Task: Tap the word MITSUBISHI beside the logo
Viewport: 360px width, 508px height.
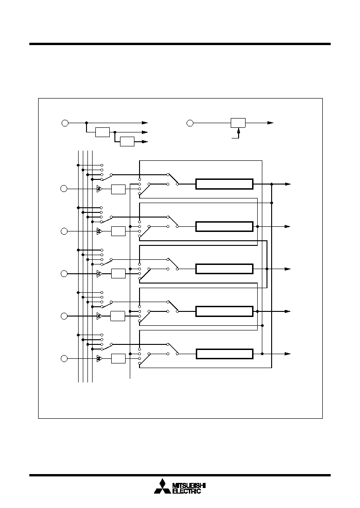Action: coord(189,486)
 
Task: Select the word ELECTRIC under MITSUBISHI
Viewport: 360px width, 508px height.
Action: coord(186,491)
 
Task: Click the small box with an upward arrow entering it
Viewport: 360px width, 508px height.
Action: coord(238,123)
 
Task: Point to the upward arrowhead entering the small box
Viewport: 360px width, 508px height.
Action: coord(239,130)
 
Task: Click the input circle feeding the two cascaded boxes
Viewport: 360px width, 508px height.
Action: coord(65,123)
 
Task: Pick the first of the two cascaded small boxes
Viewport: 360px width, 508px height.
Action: coord(102,132)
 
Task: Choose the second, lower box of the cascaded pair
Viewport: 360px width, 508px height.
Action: coord(127,142)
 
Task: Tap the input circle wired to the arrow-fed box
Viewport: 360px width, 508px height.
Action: coord(190,123)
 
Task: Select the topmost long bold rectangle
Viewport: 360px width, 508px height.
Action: coord(224,184)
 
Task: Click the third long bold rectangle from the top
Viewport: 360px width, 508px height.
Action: coord(224,269)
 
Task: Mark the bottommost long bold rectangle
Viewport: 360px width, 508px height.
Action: coord(224,354)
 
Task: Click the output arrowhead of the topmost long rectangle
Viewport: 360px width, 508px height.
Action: coord(288,184)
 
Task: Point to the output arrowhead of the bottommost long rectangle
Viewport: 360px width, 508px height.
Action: coord(288,354)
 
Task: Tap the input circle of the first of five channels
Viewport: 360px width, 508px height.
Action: coord(64,189)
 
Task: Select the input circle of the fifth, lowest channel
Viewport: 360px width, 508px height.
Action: coord(64,359)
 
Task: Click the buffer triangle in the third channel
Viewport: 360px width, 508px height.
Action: coord(99,274)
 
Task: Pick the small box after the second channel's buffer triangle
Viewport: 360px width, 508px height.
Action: coord(119,231)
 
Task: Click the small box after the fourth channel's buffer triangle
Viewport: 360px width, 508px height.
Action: coord(117,316)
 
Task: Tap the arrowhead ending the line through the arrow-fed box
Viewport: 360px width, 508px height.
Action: coord(271,123)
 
